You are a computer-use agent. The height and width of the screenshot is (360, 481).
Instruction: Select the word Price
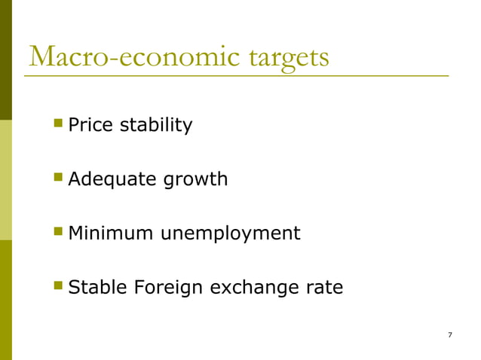90,125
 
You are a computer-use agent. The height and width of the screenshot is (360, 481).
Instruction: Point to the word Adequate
111,180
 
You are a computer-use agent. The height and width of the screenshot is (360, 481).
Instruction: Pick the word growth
194,181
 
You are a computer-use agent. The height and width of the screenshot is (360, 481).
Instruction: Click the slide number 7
449,334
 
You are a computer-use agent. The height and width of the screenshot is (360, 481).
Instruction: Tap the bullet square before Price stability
58,123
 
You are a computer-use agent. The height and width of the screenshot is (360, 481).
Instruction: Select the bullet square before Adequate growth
58,178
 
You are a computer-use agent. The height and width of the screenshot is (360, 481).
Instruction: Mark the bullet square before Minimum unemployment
58,231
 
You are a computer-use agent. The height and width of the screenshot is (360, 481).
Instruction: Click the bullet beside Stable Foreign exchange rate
58,285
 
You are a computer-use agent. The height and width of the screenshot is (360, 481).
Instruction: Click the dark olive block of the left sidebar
5,60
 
